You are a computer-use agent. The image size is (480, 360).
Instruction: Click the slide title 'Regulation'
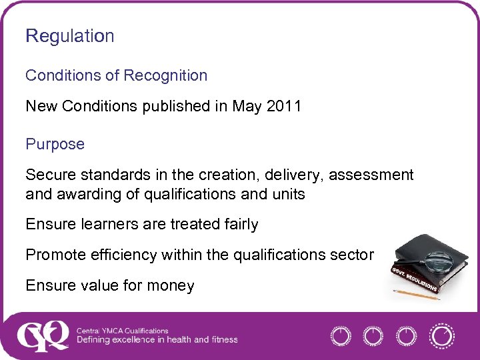click(69, 37)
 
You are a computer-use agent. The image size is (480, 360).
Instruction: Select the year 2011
click(284, 107)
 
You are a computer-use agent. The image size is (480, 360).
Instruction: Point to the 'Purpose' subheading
click(55, 145)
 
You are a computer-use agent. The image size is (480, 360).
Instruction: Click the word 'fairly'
click(239, 225)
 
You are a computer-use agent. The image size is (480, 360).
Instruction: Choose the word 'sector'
click(355, 255)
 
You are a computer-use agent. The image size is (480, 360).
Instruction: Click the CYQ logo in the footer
click(43, 335)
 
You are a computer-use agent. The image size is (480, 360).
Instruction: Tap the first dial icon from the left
click(341, 336)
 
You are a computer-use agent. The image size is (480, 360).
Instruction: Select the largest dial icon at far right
click(441, 335)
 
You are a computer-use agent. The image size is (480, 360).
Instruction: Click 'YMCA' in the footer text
click(112, 331)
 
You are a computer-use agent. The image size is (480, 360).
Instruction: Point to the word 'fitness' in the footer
click(225, 340)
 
